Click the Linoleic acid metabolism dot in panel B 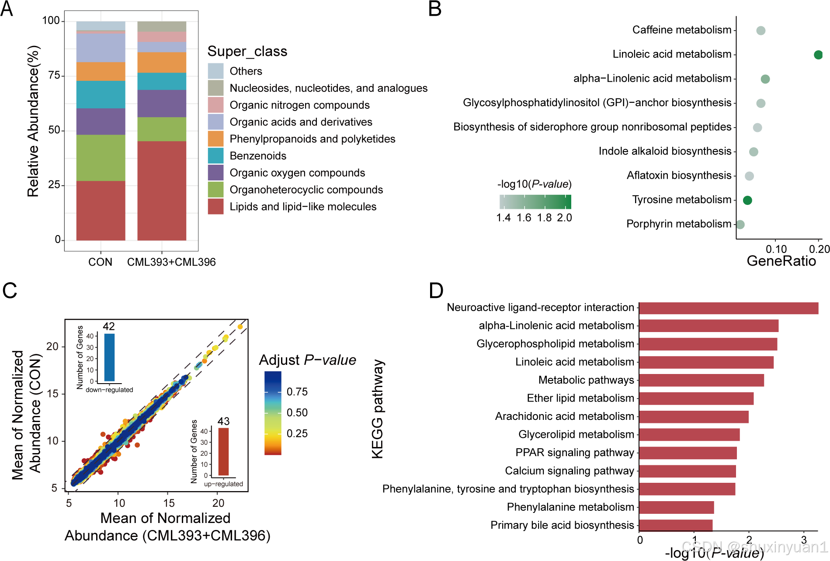coord(818,55)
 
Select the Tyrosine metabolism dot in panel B coord(747,200)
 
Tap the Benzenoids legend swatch coord(215,156)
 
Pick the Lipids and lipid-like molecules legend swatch coord(215,207)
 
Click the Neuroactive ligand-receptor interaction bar coord(729,308)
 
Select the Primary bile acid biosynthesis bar coord(676,525)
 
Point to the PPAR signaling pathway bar coord(688,453)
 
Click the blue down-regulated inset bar coord(109,357)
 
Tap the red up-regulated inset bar coord(223,452)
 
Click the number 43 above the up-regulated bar coord(223,421)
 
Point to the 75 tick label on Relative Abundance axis coord(54,76)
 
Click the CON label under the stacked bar coord(100,262)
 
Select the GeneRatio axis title coord(781,261)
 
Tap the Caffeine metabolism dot coord(761,31)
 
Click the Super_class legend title coord(247,52)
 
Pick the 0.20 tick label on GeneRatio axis coord(819,249)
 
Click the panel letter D coord(436,291)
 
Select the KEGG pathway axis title coord(377,409)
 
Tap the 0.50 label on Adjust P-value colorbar coord(297,412)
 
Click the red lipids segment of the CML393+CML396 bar coord(162,190)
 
